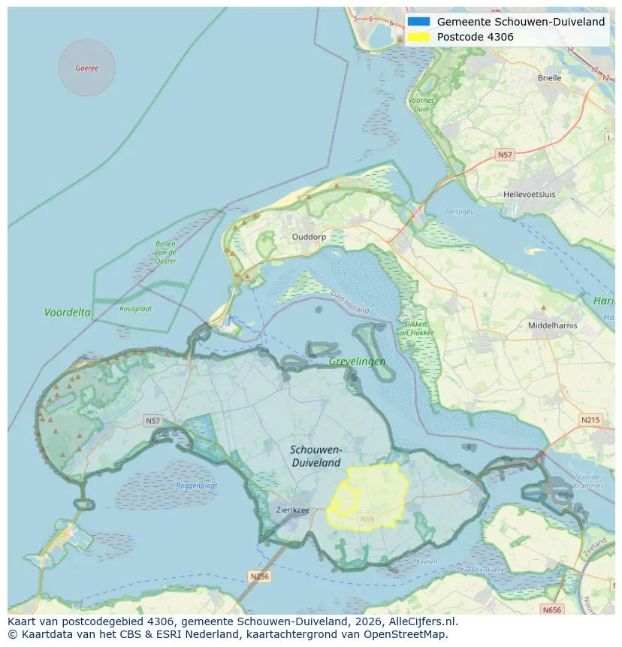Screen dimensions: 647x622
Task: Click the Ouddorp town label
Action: (x=309, y=236)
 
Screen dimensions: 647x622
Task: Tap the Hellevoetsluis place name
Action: (x=530, y=194)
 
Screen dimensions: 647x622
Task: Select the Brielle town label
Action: (x=549, y=77)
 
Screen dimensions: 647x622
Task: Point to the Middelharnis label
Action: (x=553, y=325)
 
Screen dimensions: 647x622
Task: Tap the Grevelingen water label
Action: (x=357, y=361)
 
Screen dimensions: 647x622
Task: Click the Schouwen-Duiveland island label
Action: (x=316, y=456)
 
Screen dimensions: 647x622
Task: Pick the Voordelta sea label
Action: (x=68, y=312)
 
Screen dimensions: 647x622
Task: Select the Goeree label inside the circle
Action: (x=86, y=68)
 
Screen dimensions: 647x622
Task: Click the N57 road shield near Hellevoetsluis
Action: (x=505, y=155)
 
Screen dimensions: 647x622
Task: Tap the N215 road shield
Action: (x=590, y=419)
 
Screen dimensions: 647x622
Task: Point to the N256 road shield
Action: (x=258, y=576)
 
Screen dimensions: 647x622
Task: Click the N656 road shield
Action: (x=552, y=609)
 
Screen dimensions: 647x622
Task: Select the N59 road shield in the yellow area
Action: (x=367, y=519)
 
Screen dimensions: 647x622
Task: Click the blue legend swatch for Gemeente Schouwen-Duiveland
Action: (x=419, y=22)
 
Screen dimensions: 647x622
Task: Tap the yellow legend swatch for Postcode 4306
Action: (x=419, y=37)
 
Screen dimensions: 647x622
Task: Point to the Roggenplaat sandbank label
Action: (x=197, y=485)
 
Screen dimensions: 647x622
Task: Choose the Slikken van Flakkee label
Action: (x=412, y=328)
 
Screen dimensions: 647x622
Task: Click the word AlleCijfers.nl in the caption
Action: (x=426, y=621)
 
